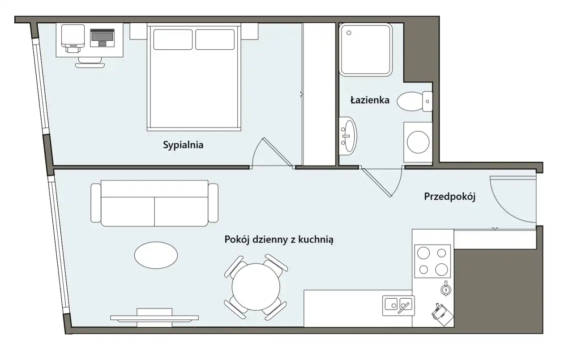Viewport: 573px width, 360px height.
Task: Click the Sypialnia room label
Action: pos(183,145)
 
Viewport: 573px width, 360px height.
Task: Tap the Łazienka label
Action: pos(370,100)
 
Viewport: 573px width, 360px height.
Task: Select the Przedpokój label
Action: pos(450,197)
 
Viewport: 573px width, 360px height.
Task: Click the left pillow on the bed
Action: pos(173,39)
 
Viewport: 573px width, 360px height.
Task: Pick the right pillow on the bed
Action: pos(215,39)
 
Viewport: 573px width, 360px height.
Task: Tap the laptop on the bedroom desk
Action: pos(103,38)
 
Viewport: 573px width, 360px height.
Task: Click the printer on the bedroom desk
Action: pos(73,38)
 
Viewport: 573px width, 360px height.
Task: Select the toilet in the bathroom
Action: pos(415,101)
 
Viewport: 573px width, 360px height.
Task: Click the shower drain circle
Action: pos(349,33)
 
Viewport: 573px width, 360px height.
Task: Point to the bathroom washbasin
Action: pos(348,136)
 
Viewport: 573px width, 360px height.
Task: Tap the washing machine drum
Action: pos(418,142)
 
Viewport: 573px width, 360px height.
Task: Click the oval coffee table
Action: pos(156,255)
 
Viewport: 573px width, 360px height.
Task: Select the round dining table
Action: pos(256,287)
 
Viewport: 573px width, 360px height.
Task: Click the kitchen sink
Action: pos(398,305)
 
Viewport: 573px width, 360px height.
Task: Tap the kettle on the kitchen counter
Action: pos(446,289)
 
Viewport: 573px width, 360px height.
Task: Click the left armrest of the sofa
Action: pos(96,203)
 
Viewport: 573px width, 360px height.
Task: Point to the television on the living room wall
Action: pos(154,318)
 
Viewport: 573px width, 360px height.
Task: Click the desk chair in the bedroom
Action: pos(90,62)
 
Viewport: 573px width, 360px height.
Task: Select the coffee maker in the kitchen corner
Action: pos(442,314)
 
